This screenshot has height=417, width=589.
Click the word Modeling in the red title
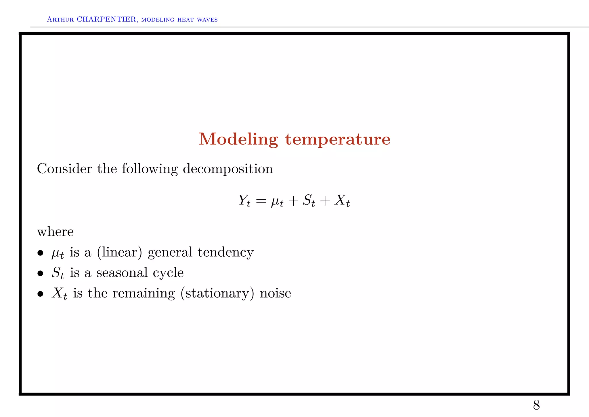pos(238,139)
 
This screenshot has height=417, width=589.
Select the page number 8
pos(536,405)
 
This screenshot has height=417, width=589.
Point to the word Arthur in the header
pos(60,20)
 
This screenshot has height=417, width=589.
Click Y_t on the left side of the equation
pos(244,200)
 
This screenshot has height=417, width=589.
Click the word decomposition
pos(228,169)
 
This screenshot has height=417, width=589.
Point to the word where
pos(56,232)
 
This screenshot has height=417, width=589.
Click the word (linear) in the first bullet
pos(120,253)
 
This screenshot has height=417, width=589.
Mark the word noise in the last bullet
pos(276,293)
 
